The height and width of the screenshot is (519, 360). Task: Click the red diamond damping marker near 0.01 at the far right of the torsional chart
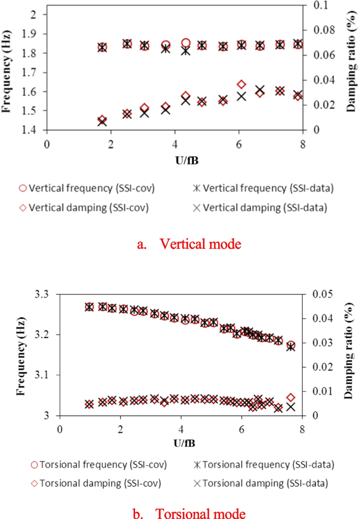(x=290, y=398)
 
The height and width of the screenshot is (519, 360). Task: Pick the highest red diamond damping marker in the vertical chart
(x=241, y=84)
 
